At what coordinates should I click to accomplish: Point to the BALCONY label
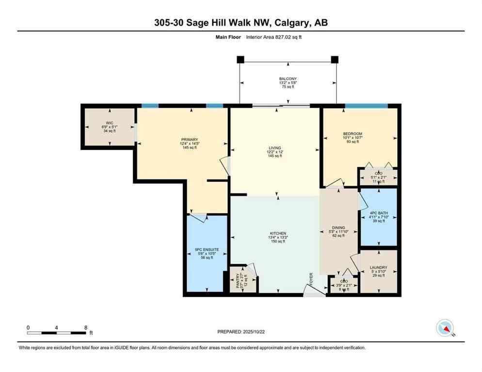coord(288,78)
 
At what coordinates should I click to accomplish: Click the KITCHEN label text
coord(278,233)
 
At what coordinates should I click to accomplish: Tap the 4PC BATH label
coord(378,212)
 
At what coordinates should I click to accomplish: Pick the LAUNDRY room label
coord(378,267)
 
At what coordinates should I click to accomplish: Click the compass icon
coord(445,328)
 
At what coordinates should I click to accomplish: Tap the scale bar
coord(57,333)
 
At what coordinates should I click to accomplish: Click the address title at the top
coord(241,23)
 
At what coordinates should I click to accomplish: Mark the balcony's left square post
coord(240,59)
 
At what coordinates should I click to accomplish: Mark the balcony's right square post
coord(334,59)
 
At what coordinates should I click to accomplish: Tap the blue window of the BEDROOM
coord(366,106)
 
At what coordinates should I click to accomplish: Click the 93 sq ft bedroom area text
coord(353,141)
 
